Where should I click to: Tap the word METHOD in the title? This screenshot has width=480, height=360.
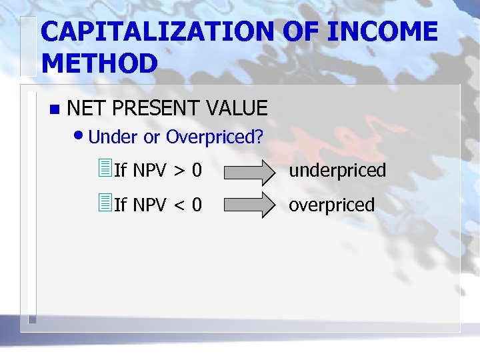[99, 63]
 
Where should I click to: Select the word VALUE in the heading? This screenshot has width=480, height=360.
[237, 108]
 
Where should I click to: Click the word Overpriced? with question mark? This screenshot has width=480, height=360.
[215, 138]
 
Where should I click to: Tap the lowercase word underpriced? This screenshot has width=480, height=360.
[337, 171]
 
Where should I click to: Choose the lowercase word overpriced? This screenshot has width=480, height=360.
[331, 205]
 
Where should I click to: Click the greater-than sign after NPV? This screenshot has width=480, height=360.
[180, 171]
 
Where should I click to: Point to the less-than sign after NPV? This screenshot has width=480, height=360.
[180, 205]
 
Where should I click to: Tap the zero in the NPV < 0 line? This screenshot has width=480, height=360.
[197, 205]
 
